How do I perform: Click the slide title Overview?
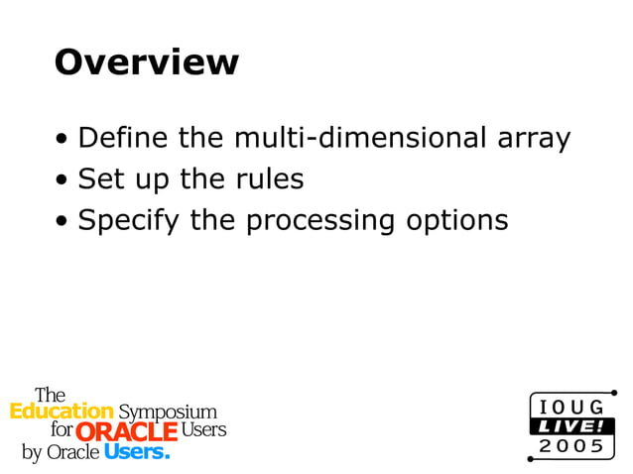[x=146, y=61]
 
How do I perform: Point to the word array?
[x=533, y=139]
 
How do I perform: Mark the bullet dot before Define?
[x=63, y=139]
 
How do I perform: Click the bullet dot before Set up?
[x=63, y=180]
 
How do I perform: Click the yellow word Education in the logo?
[x=62, y=411]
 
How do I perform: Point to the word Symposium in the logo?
[x=167, y=412]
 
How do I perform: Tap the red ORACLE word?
[x=126, y=431]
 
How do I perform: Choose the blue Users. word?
[x=137, y=452]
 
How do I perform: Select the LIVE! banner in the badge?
[x=570, y=426]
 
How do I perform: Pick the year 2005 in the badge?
[x=570, y=446]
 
